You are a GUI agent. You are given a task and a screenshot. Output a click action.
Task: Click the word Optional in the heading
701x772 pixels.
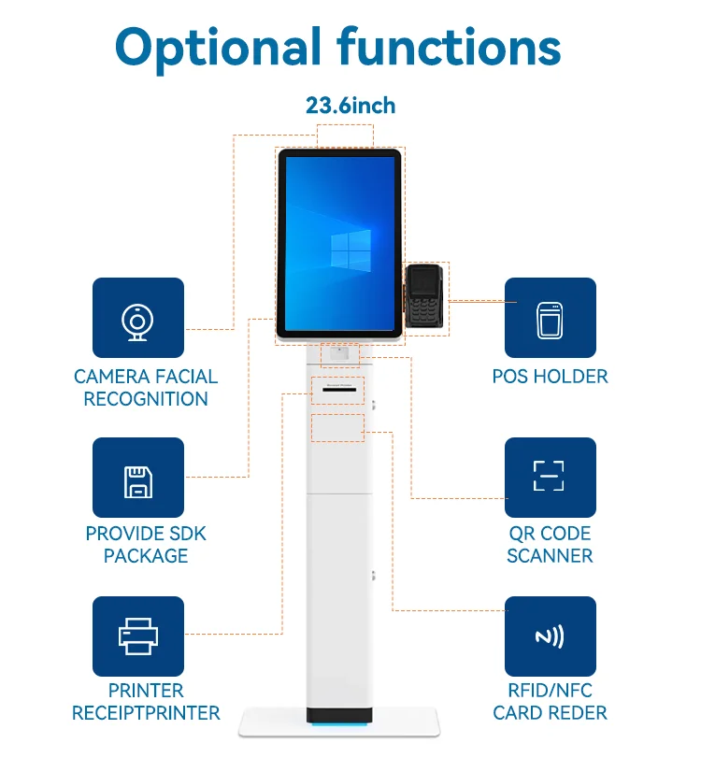[217, 46]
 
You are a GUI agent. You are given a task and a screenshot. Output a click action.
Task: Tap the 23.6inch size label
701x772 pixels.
[350, 106]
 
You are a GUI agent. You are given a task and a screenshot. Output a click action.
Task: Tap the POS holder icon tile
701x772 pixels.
[550, 318]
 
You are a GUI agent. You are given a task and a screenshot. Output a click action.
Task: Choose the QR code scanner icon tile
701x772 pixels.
[550, 477]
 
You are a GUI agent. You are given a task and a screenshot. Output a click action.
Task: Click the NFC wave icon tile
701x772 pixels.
[550, 636]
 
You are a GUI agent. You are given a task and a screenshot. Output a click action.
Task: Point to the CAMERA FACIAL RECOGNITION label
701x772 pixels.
[146, 388]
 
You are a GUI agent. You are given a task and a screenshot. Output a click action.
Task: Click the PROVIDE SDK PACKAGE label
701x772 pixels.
[146, 545]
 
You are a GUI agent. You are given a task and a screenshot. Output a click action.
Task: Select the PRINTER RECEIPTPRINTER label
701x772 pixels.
[146, 702]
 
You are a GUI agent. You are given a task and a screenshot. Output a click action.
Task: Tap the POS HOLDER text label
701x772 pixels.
[550, 377]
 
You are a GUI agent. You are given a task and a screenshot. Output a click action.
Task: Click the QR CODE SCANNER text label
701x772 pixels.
[550, 545]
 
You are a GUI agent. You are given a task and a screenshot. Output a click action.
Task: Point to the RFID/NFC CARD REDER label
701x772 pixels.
[550, 702]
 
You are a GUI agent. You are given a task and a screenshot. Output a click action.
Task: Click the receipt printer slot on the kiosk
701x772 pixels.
[338, 384]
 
